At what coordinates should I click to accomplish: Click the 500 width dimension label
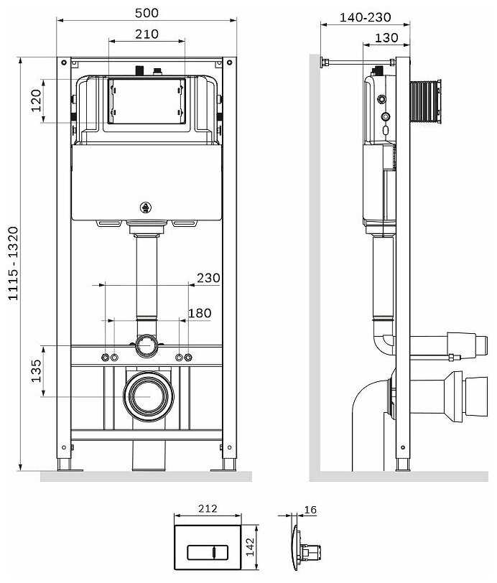pos(147,13)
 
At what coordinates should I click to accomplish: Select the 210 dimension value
pos(147,33)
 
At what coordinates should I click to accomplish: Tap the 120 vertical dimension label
pos(37,101)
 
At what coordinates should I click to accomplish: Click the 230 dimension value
pos(208,278)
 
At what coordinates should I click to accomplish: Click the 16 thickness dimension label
pos(310,510)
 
